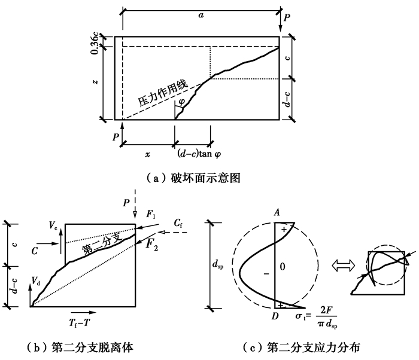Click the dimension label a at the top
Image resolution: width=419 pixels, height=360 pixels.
pyautogui.click(x=201, y=15)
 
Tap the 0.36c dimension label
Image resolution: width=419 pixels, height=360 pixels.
pyautogui.click(x=95, y=44)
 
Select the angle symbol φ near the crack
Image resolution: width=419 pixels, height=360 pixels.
pyautogui.click(x=181, y=102)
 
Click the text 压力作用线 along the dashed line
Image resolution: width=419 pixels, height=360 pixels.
pyautogui.click(x=163, y=93)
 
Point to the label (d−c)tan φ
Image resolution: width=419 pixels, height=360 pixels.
pyautogui.click(x=199, y=154)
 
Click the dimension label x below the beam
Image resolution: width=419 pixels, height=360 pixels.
pyautogui.click(x=147, y=154)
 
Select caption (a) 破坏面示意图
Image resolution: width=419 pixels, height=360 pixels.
pyautogui.click(x=194, y=178)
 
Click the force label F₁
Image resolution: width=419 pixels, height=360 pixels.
pyautogui.click(x=151, y=214)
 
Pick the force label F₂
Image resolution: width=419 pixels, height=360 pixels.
pyautogui.click(x=152, y=245)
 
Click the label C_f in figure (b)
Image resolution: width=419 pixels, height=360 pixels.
pyautogui.click(x=178, y=223)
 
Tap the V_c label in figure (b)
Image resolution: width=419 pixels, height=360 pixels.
pyautogui.click(x=53, y=225)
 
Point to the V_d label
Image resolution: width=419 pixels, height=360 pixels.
pyautogui.click(x=36, y=281)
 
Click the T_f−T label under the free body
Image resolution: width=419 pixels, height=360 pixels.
pyautogui.click(x=80, y=323)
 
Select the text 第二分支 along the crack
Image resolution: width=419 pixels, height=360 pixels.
pyautogui.click(x=102, y=244)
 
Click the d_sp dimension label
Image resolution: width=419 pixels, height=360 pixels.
pyautogui.click(x=218, y=265)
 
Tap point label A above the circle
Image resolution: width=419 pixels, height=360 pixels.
pyautogui.click(x=277, y=212)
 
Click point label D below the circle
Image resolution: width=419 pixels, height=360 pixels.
pyautogui.click(x=275, y=316)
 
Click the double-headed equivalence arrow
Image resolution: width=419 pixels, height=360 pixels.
pyautogui.click(x=344, y=266)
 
